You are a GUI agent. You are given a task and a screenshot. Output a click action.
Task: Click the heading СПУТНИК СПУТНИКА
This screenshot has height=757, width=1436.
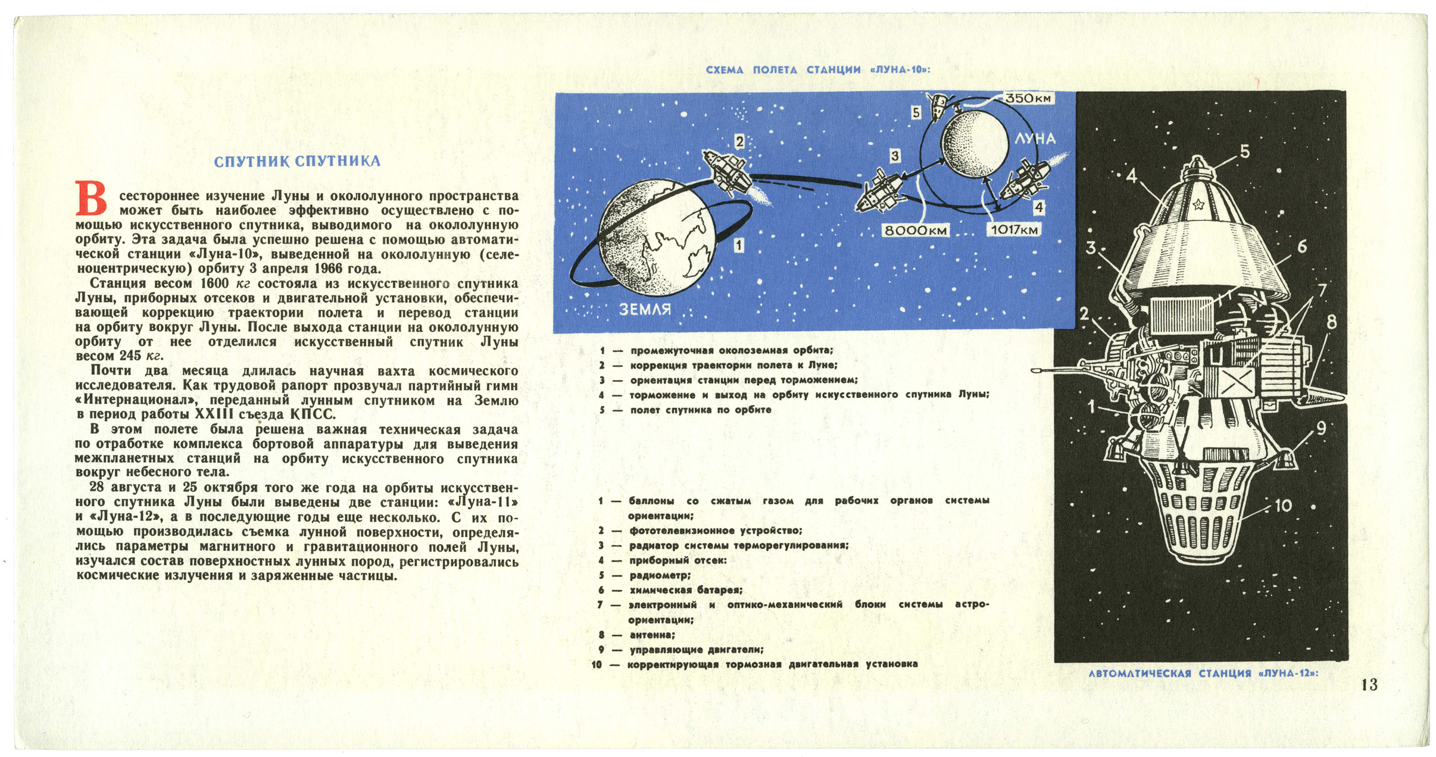click(296, 161)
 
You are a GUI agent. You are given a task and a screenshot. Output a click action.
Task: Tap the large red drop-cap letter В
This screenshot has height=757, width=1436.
click(91, 198)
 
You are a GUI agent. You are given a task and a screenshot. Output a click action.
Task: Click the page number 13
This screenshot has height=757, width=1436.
click(1369, 685)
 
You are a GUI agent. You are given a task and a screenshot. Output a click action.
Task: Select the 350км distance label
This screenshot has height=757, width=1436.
click(1028, 98)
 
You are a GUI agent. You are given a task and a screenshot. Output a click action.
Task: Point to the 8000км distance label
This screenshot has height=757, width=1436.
click(915, 230)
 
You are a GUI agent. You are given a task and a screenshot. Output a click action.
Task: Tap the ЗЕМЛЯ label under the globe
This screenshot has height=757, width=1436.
click(645, 310)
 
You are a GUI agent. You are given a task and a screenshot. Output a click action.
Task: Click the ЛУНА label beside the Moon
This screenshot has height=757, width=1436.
click(1035, 139)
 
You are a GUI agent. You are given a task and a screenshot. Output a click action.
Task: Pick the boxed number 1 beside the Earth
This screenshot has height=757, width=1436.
click(739, 245)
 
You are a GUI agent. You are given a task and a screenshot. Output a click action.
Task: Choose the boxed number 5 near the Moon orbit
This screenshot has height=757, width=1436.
click(916, 113)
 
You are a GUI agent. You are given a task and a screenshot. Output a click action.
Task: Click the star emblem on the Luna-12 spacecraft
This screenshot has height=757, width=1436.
click(1198, 205)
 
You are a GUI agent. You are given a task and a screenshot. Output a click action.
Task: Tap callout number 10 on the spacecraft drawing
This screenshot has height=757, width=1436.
click(1283, 506)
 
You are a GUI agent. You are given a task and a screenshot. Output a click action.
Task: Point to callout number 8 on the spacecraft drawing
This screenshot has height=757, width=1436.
click(1332, 322)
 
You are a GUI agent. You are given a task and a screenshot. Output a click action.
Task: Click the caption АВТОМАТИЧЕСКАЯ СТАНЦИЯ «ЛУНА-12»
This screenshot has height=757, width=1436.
click(1203, 674)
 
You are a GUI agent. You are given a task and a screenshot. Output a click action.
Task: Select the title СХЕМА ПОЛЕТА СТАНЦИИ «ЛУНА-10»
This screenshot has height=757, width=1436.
click(817, 70)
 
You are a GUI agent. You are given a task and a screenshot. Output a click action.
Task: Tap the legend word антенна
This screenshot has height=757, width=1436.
click(652, 635)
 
